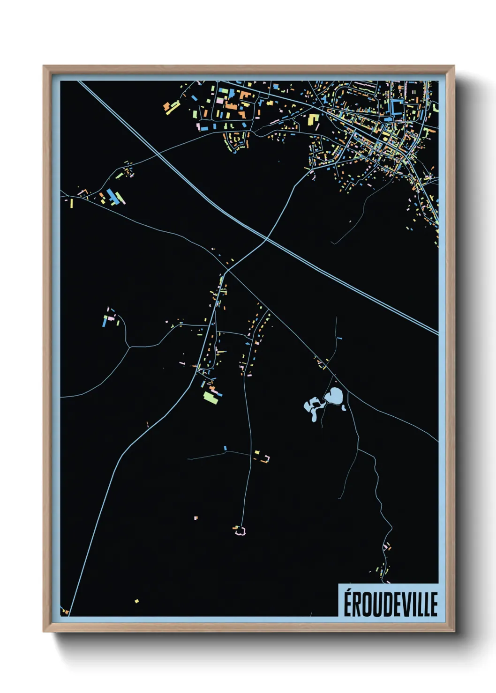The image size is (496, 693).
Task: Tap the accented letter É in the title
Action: (x=349, y=604)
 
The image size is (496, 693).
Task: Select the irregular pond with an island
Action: (x=313, y=406)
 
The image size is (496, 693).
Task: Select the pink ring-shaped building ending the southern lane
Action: (x=240, y=531)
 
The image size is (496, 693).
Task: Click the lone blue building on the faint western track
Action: (x=225, y=448)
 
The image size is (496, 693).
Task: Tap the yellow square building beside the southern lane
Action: (x=257, y=452)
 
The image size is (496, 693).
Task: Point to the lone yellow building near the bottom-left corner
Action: (x=136, y=601)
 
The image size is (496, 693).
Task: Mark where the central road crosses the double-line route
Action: (x=266, y=239)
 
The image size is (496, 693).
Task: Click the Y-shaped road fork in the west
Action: (x=129, y=346)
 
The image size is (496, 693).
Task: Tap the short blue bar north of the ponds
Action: (x=339, y=338)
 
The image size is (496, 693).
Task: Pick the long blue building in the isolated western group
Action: (x=105, y=321)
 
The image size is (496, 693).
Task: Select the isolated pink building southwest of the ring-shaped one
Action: (x=195, y=517)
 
